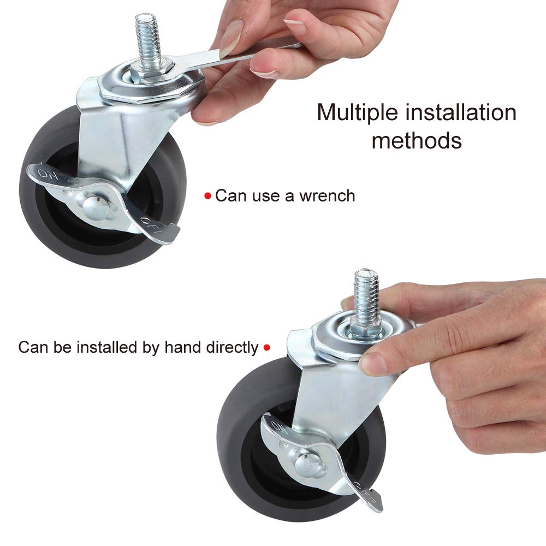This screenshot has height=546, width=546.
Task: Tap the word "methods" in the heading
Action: coord(417,140)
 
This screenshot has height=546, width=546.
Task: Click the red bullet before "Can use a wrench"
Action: coord(207,196)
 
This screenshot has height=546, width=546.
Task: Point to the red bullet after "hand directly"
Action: coord(267,347)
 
